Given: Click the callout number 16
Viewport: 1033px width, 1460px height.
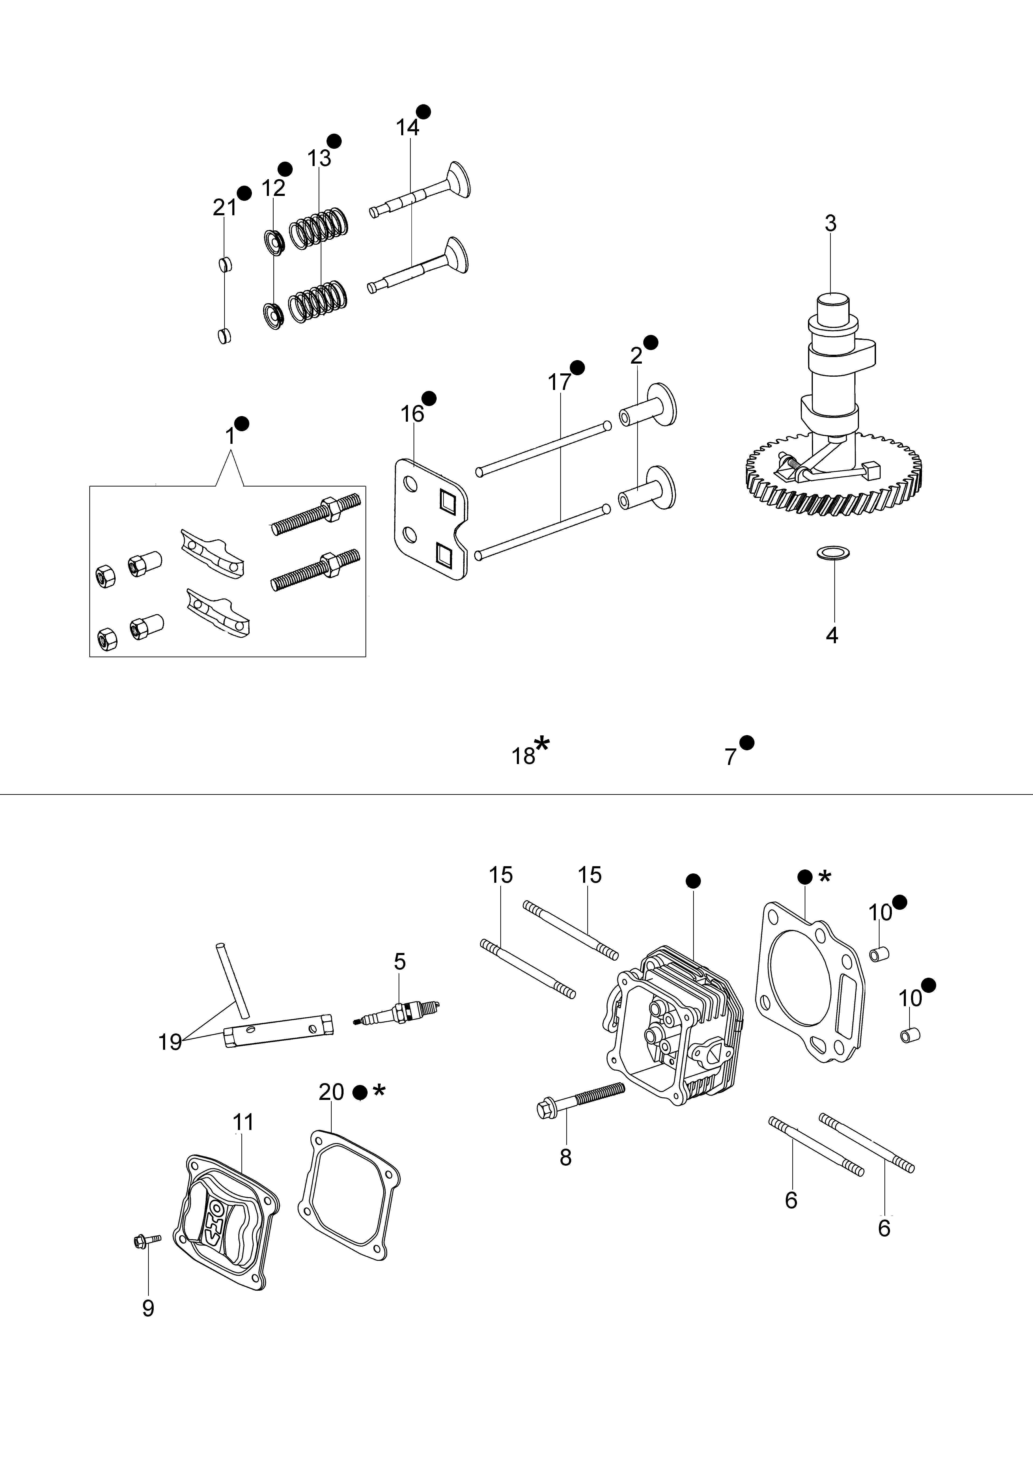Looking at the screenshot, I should point(412,414).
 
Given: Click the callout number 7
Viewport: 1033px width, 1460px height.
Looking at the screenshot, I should point(730,757).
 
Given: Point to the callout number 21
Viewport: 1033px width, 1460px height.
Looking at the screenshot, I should point(224,207).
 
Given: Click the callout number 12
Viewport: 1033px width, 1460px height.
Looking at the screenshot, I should point(274,188).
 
